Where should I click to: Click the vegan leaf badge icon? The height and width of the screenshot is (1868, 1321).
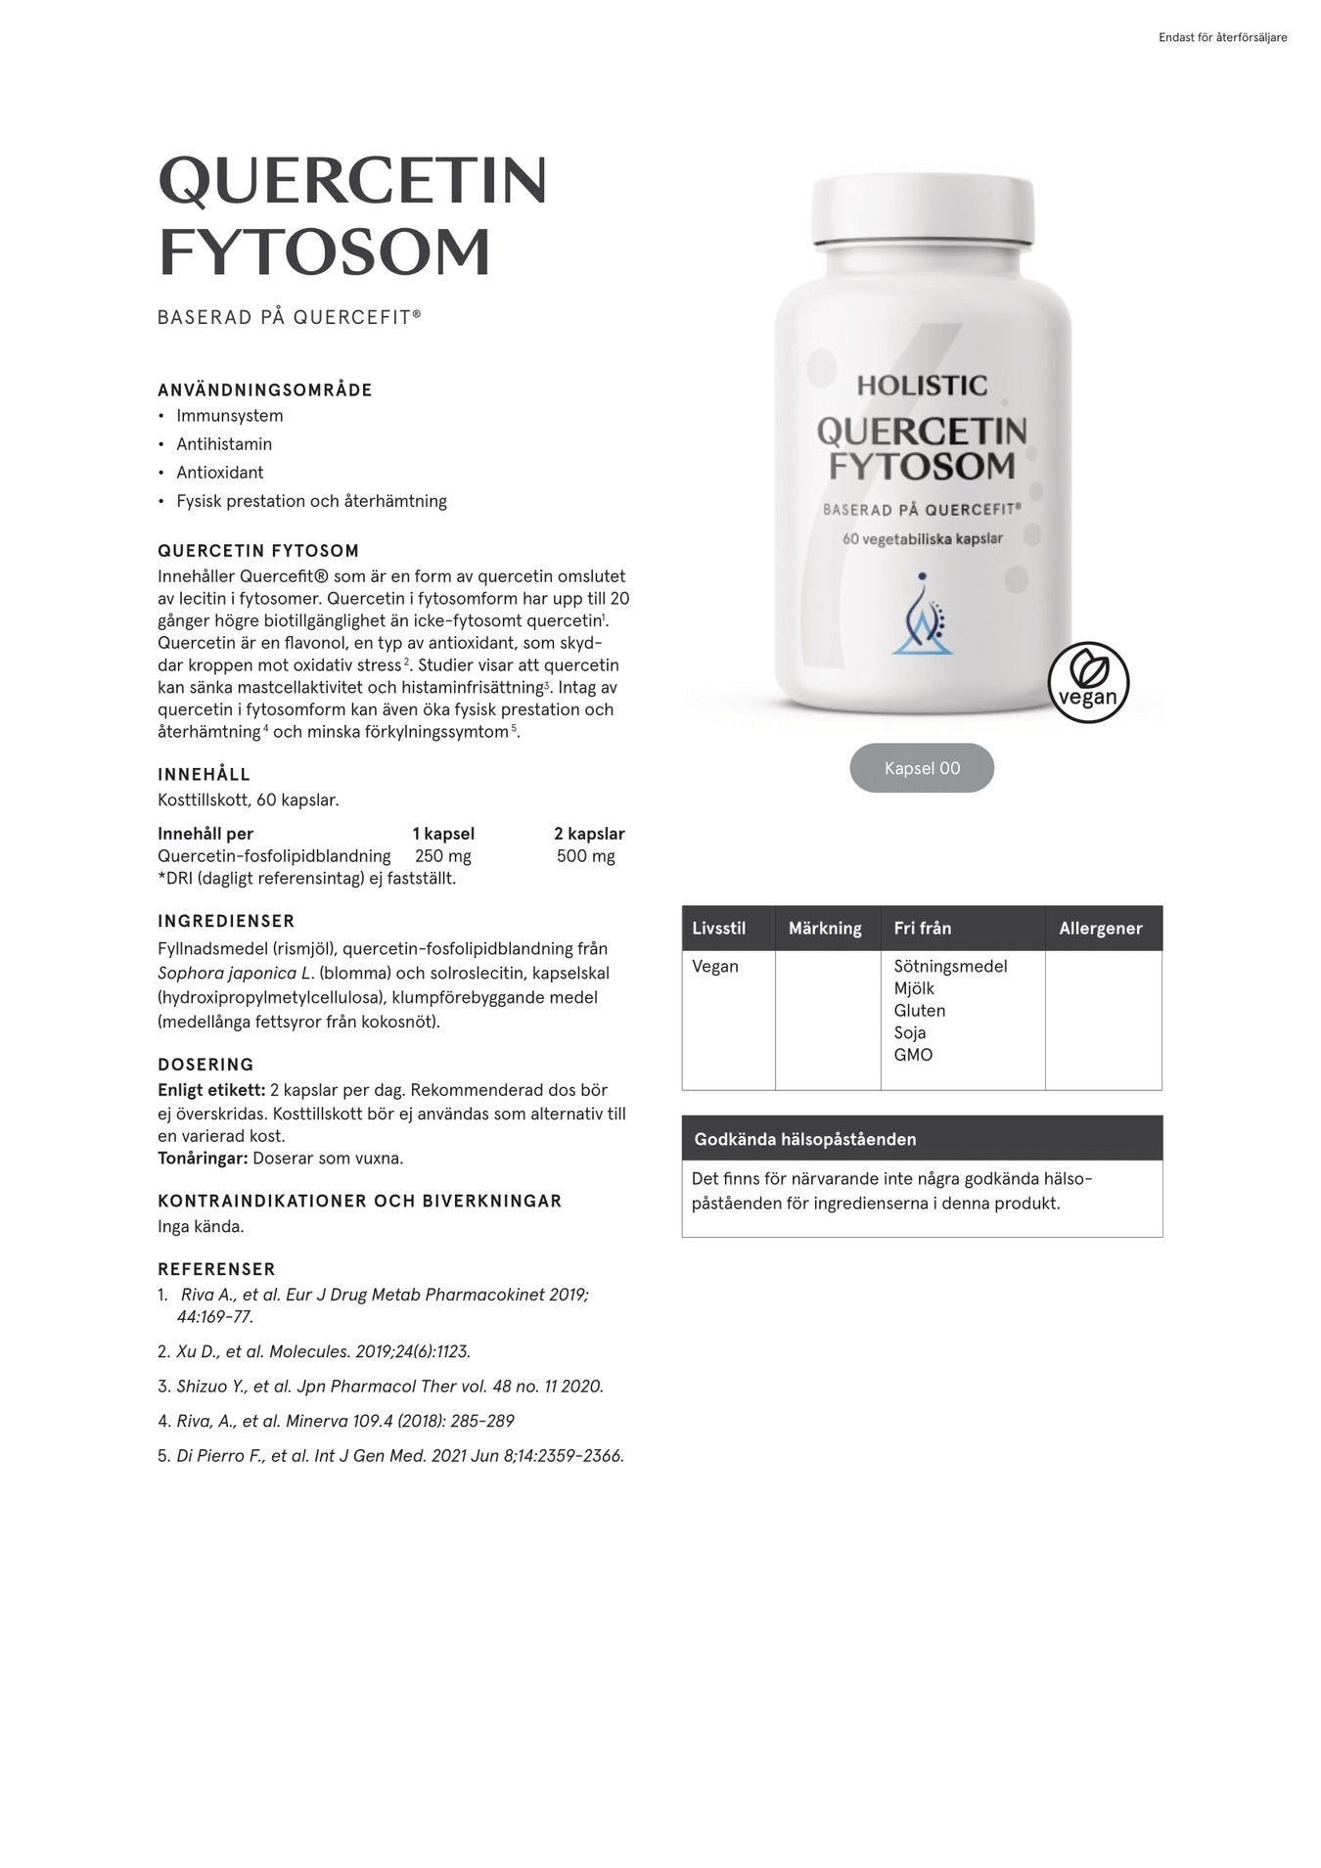tap(1088, 682)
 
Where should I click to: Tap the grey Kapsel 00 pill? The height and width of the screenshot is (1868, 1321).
tap(922, 768)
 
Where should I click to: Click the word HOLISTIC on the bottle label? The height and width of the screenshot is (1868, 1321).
tap(922, 386)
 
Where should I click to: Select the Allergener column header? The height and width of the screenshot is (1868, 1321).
tap(1100, 929)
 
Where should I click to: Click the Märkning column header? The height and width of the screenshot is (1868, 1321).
tap(825, 929)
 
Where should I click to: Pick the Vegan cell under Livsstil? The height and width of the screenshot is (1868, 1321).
tap(715, 967)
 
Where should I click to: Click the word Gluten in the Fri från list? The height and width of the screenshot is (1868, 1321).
tap(919, 1011)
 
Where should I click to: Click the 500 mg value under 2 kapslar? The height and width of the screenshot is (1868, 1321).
tap(585, 856)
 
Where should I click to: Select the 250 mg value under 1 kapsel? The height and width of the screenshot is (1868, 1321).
tap(443, 856)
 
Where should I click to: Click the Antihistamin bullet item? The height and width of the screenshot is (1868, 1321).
tap(224, 444)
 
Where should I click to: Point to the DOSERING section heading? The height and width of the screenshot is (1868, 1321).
tap(205, 1065)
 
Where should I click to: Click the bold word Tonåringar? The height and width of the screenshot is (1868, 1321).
tap(203, 1159)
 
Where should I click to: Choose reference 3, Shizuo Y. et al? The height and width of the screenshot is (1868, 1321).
tap(389, 1387)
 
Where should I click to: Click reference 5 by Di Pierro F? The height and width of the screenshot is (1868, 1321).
tap(399, 1456)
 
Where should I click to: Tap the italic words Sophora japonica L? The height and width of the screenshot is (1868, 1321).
tap(235, 974)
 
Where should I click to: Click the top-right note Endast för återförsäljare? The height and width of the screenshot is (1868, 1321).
tap(1222, 38)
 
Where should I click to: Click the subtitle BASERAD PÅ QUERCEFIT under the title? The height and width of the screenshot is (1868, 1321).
tap(290, 318)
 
